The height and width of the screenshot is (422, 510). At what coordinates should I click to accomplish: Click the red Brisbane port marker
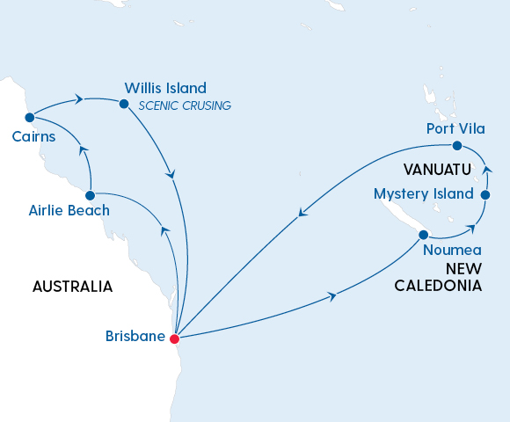tap(174, 338)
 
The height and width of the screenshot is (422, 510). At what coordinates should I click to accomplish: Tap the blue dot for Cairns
tap(30, 117)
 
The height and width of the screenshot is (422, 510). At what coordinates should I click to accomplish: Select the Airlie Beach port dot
tap(90, 193)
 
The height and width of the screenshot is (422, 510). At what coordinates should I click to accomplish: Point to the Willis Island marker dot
tap(123, 103)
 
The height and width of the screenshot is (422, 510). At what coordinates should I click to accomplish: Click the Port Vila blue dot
tap(456, 146)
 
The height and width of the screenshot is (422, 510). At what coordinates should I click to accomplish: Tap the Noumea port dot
tap(424, 235)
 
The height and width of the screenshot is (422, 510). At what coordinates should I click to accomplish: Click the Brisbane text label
tap(135, 336)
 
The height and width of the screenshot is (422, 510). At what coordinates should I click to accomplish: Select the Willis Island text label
tap(165, 88)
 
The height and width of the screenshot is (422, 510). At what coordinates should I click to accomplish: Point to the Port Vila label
tap(455, 128)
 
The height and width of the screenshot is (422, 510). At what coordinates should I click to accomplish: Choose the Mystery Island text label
tap(424, 193)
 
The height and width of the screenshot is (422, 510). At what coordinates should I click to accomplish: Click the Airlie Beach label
tap(69, 210)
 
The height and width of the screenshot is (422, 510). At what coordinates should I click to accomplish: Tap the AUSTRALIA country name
tap(72, 287)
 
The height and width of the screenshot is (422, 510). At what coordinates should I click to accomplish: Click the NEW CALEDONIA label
tap(437, 278)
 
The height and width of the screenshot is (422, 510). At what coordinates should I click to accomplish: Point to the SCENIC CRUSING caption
tap(185, 106)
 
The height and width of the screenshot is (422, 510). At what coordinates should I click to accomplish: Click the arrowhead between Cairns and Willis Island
tap(80, 99)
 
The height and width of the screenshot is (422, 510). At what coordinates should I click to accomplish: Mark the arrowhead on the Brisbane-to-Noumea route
tap(331, 297)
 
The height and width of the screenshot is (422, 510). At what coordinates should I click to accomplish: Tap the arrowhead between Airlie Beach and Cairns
tap(84, 151)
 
